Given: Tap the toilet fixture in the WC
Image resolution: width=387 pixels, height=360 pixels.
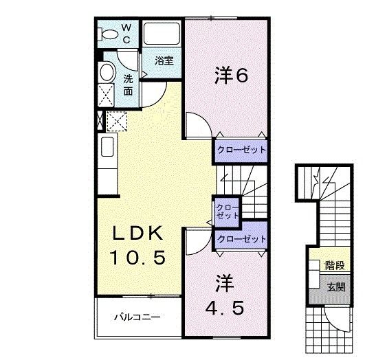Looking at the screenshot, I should pos(109,33).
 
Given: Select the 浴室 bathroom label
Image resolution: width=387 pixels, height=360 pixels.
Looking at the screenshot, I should pos(164,61).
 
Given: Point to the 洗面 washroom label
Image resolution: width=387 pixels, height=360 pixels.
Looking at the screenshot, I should pos(129,85).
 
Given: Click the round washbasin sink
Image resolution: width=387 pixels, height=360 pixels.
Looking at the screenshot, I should pos(106,72).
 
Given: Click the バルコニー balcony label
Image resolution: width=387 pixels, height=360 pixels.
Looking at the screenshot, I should pos(137,318).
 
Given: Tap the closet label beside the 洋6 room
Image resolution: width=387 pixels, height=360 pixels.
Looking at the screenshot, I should pos(240,150).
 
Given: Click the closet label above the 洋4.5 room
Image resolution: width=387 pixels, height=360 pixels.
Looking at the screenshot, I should pos(241,239).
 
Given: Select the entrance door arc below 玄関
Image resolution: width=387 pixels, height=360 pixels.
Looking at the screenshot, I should pos(338,318).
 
